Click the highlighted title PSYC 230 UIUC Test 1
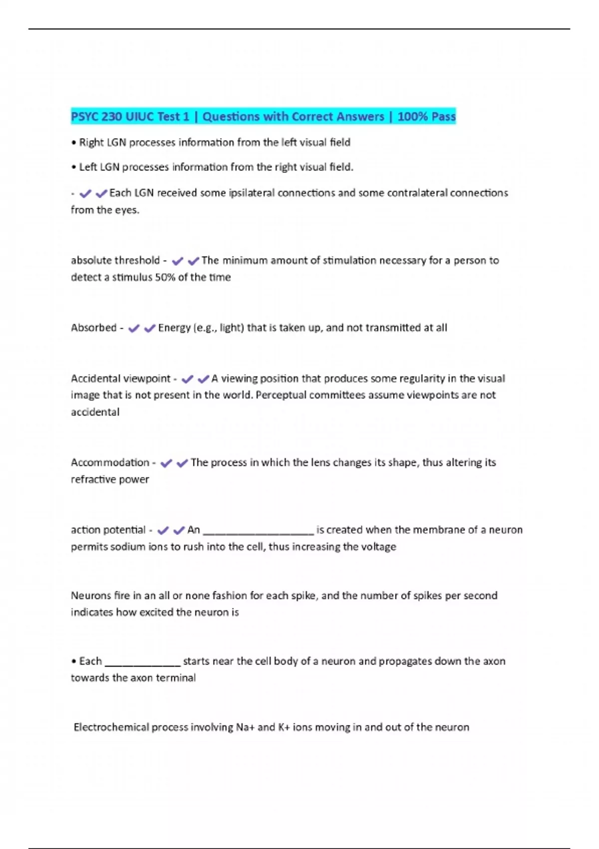coord(130,117)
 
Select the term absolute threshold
coord(115,260)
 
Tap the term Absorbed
coord(93,328)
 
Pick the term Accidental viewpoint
coord(120,379)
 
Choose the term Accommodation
coord(110,462)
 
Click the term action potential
coord(108,530)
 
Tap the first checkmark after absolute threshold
coord(177,261)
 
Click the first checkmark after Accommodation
coord(166,463)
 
